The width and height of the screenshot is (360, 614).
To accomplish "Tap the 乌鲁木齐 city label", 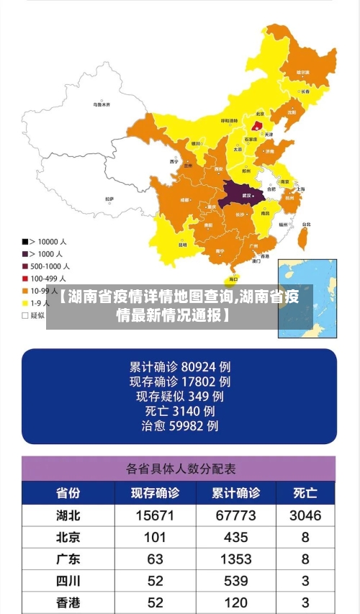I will point(102,105).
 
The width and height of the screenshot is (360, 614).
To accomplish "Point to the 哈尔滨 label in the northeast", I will point(303,73).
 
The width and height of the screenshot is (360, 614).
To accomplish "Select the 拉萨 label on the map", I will point(109,199).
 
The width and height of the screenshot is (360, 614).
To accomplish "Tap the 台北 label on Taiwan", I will point(305,224).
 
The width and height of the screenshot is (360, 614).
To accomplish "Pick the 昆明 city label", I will point(183,244).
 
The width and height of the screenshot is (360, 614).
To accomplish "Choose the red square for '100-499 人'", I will point(25,278).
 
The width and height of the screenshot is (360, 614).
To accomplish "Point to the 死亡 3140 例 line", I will point(179,411).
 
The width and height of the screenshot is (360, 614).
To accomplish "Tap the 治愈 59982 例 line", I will point(179,426).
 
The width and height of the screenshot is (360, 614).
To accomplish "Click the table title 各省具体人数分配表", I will point(180,469).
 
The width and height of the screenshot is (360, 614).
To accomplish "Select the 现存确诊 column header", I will point(154,493).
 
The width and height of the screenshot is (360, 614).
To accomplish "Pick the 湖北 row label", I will point(68,515).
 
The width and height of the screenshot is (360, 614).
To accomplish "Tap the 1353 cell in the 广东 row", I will point(235,559).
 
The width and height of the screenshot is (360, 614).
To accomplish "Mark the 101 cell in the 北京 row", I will point(155,537).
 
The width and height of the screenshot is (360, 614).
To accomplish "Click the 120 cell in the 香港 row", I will point(235,602).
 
